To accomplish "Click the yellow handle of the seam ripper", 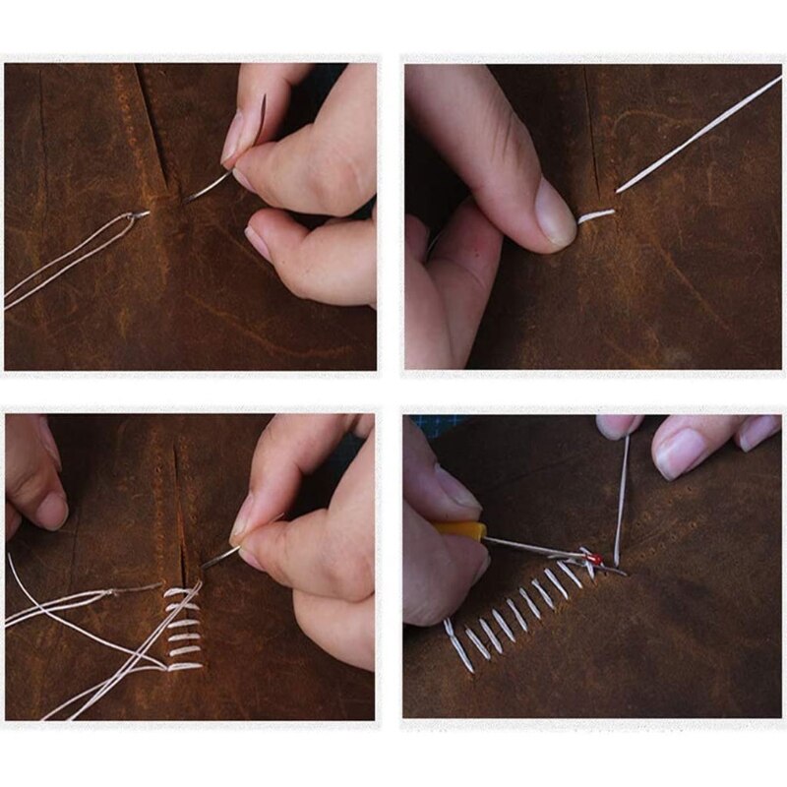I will point(461,531).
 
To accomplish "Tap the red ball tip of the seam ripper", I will point(594,559).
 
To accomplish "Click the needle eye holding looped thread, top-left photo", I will point(141,213).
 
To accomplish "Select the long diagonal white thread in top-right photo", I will point(698,134).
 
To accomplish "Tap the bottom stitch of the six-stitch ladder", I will point(184,666).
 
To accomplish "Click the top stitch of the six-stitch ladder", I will point(181,592).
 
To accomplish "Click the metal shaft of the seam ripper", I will point(536,547).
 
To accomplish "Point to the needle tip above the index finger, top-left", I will point(262,103).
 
